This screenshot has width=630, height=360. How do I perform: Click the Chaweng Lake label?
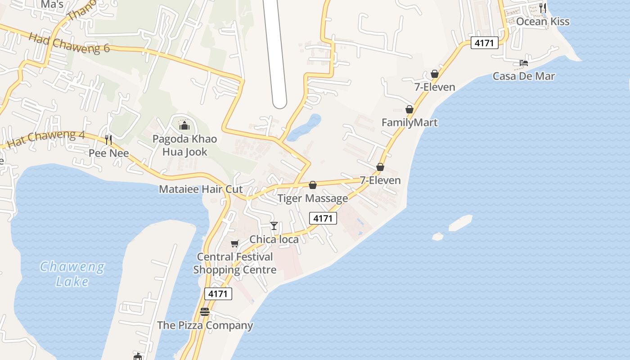pyautogui.click(x=72, y=274)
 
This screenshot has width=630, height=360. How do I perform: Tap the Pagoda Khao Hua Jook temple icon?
pyautogui.click(x=184, y=125)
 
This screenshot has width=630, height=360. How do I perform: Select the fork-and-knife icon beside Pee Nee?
pyautogui.click(x=108, y=139)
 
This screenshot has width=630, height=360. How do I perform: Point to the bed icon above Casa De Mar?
pyautogui.click(x=524, y=63)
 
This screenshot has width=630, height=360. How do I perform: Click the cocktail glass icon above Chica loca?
pyautogui.click(x=274, y=225)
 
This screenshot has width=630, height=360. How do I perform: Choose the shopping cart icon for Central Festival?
pyautogui.click(x=234, y=243)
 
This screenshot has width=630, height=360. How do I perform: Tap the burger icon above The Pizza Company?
pyautogui.click(x=205, y=311)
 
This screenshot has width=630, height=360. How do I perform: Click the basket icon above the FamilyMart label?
pyautogui.click(x=409, y=109)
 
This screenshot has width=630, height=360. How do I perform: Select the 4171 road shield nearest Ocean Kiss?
pyautogui.click(x=485, y=43)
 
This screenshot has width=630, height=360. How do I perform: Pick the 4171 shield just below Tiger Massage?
pyautogui.click(x=323, y=219)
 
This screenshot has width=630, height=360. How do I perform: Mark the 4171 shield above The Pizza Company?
pyautogui.click(x=218, y=294)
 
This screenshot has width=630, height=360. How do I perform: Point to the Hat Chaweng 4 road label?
pyautogui.click(x=46, y=139)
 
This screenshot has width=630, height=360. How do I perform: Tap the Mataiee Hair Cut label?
pyautogui.click(x=201, y=189)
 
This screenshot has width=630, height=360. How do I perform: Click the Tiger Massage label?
pyautogui.click(x=313, y=198)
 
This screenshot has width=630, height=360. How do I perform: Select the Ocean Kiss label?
pyautogui.click(x=543, y=22)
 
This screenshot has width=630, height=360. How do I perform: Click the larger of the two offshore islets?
pyautogui.click(x=460, y=222)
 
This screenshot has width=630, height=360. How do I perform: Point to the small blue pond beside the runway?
pyautogui.click(x=304, y=127)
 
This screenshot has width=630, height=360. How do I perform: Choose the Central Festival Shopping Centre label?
pyautogui.click(x=235, y=263)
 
